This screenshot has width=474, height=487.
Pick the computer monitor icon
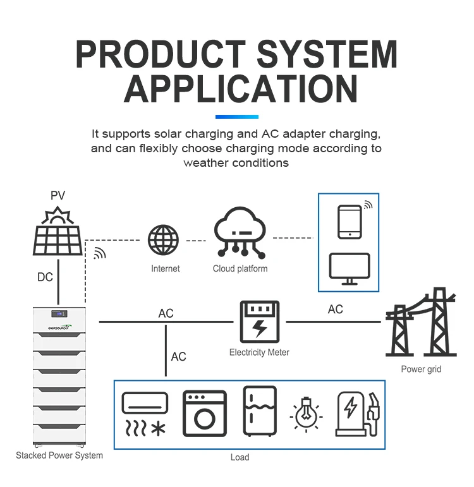click(349, 268)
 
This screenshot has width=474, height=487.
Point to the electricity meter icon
click(259, 322)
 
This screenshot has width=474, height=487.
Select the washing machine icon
click(204, 413)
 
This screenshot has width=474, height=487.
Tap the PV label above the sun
click(58, 196)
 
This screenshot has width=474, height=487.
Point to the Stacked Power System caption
click(59, 455)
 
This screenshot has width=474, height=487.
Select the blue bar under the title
click(237, 117)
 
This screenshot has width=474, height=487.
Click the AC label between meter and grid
click(336, 309)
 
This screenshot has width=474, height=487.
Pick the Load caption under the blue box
click(240, 457)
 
